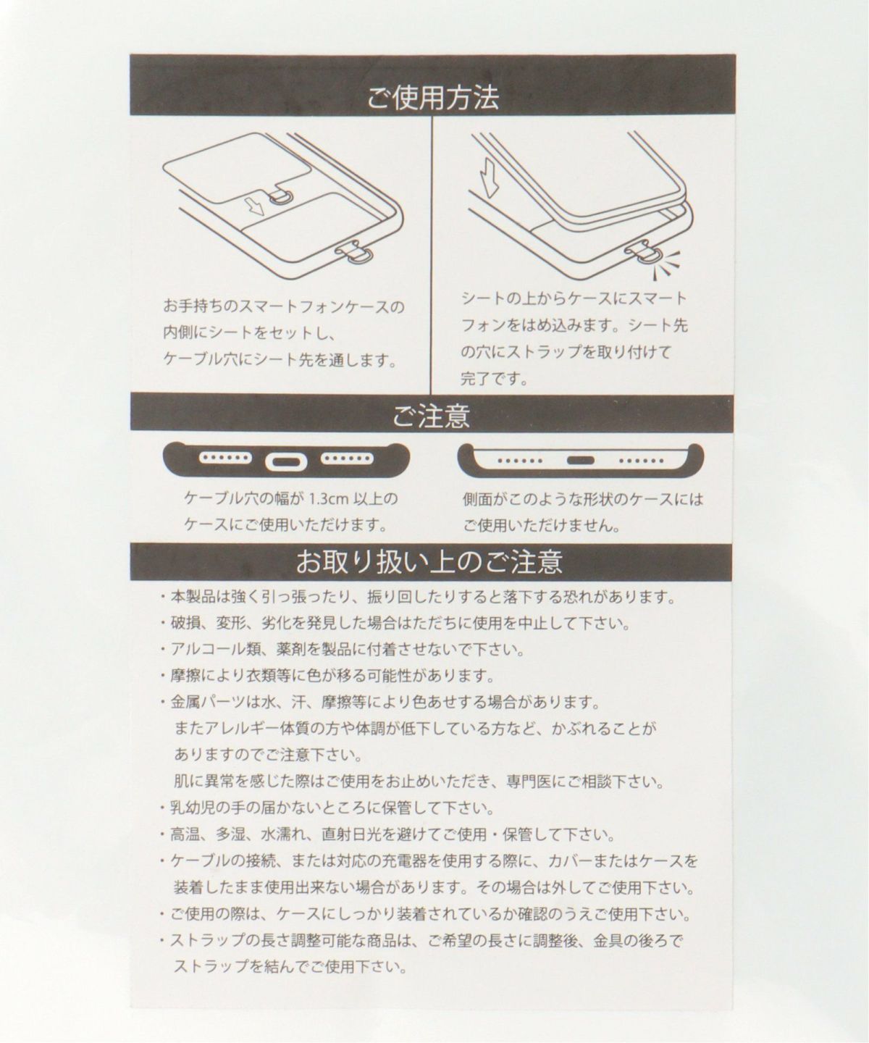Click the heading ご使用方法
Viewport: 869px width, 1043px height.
(433, 97)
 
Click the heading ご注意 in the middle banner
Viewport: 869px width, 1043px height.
(431, 416)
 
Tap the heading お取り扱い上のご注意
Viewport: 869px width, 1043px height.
(429, 561)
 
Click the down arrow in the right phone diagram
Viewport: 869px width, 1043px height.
(489, 178)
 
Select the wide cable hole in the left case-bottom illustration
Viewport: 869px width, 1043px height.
(286, 461)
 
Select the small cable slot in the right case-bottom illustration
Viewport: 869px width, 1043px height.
(581, 460)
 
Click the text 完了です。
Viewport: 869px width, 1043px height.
(495, 379)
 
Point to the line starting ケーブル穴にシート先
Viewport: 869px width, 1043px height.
(280, 359)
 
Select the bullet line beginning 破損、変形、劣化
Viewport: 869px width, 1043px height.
(395, 624)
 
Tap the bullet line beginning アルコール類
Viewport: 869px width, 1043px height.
(342, 650)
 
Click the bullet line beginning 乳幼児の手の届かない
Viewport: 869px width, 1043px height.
(327, 808)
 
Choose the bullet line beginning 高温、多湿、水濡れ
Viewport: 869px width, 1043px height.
(387, 834)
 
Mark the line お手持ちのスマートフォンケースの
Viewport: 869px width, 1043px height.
(284, 306)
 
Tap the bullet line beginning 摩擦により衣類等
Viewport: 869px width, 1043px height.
(327, 677)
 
